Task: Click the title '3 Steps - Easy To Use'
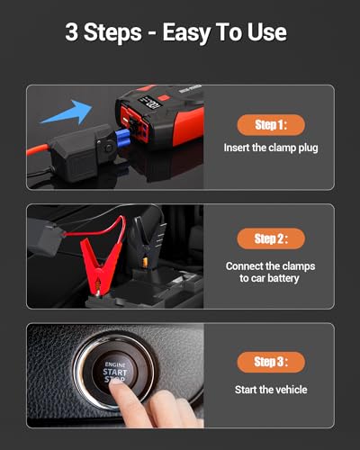pos(176,33)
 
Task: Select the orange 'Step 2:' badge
pos(270,238)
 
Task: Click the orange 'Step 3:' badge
pos(270,362)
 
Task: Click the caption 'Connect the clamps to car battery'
pos(270,272)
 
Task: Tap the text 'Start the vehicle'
pos(270,389)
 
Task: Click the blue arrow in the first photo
pos(66,115)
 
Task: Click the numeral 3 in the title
pos(71,33)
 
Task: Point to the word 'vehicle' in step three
pos(289,389)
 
